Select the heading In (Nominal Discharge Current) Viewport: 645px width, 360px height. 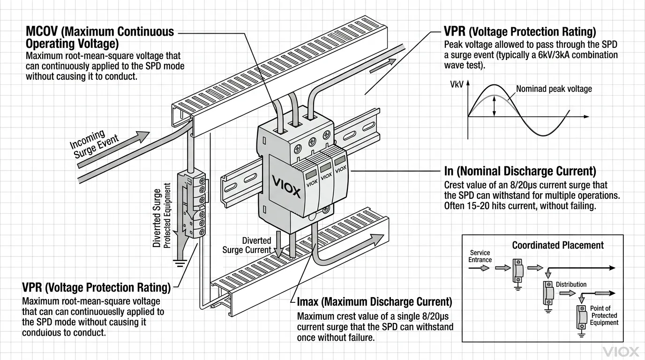pos(520,171)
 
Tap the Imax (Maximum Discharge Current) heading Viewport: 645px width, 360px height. pos(375,301)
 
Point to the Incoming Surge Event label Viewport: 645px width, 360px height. pos(94,143)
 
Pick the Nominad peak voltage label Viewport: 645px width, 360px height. pos(554,89)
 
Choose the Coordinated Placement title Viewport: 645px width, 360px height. pos(558,245)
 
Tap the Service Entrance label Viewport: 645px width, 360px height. pos(480,256)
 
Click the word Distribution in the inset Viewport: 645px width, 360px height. pos(571,285)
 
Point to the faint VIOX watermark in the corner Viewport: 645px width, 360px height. pos(621,352)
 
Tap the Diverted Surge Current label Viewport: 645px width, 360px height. pos(247,245)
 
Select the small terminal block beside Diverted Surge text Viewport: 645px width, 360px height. pos(194,204)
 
